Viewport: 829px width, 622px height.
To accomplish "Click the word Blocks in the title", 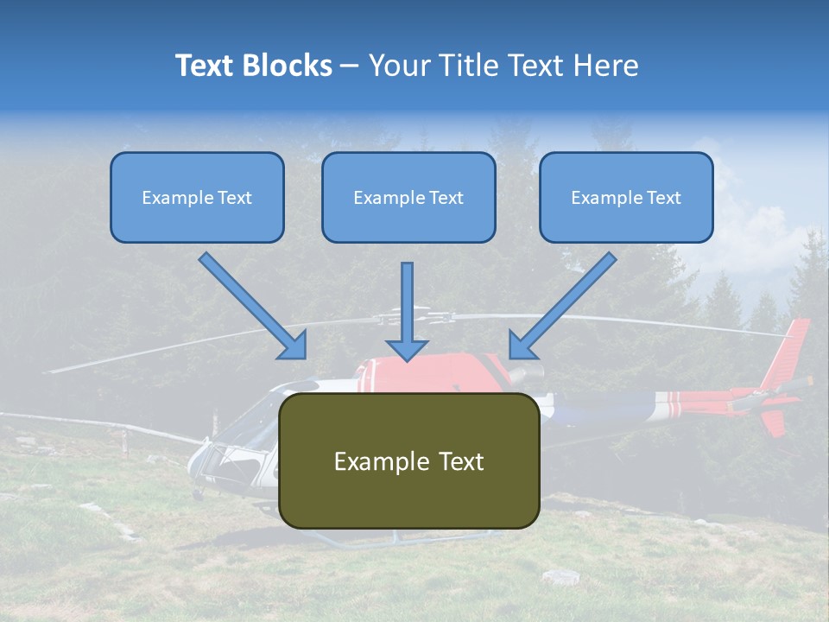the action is click(x=287, y=66).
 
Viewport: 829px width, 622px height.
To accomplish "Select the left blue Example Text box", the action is click(x=197, y=197).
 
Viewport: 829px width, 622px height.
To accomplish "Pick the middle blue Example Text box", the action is click(x=408, y=197).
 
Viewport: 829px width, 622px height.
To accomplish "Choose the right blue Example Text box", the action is click(x=626, y=197).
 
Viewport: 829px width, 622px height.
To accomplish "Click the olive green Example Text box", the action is click(x=409, y=461).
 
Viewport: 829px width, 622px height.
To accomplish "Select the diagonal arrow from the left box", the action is click(x=253, y=306).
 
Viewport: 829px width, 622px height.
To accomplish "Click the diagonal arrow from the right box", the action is click(x=562, y=306).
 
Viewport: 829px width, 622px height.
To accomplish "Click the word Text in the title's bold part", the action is click(x=205, y=66).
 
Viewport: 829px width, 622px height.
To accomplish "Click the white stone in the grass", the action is click(x=561, y=576).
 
